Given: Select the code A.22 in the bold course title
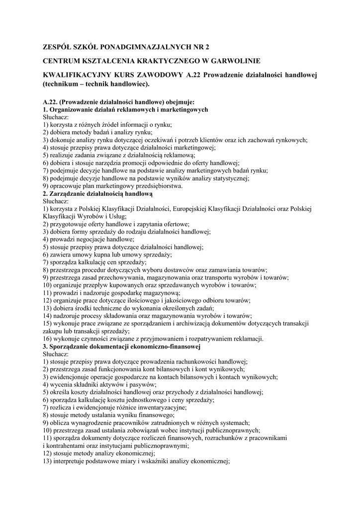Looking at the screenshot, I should click(195, 75).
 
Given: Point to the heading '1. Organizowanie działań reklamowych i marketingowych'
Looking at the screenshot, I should click(125, 109).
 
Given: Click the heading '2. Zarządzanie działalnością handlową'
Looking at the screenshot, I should click(97, 193).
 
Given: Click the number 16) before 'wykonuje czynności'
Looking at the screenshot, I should click(48, 339).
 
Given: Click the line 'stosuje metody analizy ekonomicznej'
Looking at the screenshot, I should click(99, 453).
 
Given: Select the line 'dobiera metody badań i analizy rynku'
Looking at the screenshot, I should click(97, 132).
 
